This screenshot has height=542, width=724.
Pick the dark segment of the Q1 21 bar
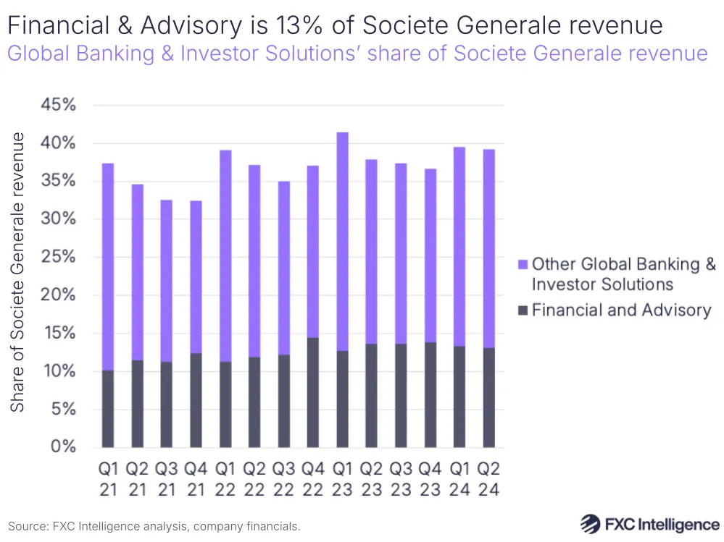pyautogui.click(x=107, y=409)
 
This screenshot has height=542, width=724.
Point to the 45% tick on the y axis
pyautogui.click(x=58, y=106)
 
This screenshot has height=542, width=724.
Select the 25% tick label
pyautogui.click(x=58, y=257)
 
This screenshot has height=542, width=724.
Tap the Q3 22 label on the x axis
pyautogui.click(x=283, y=479)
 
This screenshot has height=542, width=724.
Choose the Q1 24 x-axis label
pyautogui.click(x=459, y=479)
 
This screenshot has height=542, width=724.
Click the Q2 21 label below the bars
pyautogui.click(x=136, y=479)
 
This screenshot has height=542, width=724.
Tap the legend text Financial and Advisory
pyautogui.click(x=621, y=310)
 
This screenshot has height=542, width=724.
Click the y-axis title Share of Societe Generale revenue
pyautogui.click(x=17, y=272)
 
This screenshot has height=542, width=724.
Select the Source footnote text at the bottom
pyautogui.click(x=154, y=526)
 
